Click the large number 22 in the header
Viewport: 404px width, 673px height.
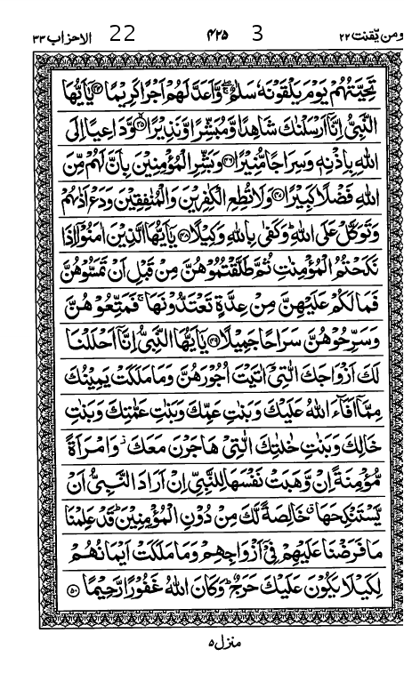pyautogui.click(x=122, y=35)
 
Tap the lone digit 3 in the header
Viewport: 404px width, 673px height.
pyautogui.click(x=258, y=35)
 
